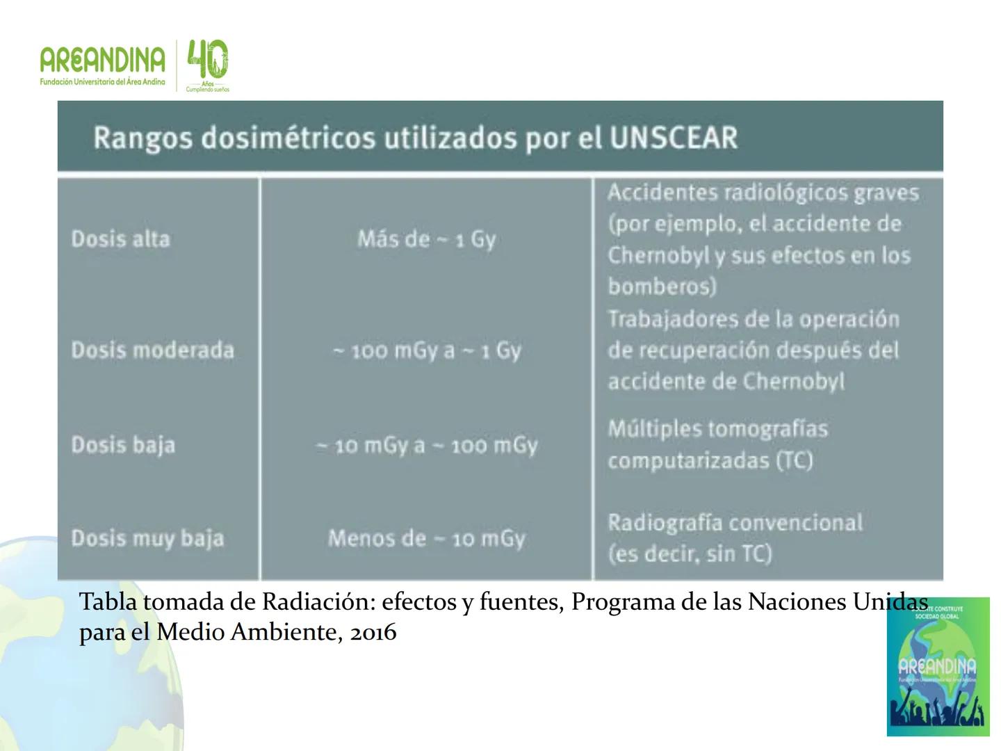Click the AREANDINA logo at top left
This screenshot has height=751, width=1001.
coord(102,64)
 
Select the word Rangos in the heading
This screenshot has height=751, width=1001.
coord(143,138)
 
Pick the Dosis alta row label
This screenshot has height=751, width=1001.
coord(120,239)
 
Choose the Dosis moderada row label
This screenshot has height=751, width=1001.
coord(152,350)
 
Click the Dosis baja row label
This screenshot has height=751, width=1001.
coord(123,445)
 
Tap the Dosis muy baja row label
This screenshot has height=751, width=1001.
coord(147,538)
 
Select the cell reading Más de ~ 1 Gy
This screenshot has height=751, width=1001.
coord(426,239)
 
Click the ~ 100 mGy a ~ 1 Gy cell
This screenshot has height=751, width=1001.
coord(426,350)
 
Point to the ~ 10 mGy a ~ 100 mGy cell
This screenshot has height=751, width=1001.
coord(426,445)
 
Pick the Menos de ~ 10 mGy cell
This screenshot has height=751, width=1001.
coord(426,538)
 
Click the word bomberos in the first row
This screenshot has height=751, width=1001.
coord(661,286)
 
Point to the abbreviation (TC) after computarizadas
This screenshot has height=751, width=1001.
coord(794,460)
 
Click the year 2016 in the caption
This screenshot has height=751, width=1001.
coord(373,632)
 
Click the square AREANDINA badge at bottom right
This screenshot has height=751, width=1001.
coord(938,666)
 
